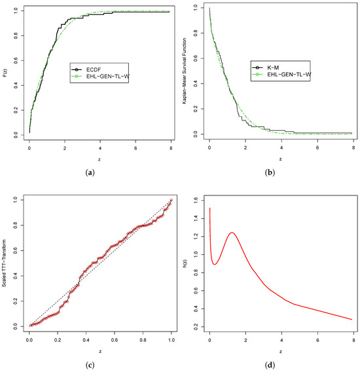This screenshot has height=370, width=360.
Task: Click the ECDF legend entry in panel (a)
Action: [94, 69]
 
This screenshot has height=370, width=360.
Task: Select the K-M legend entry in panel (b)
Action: [273, 68]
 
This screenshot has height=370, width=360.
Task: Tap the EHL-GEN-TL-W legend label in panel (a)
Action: [108, 76]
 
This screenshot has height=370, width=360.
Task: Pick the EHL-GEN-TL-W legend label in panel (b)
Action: [289, 75]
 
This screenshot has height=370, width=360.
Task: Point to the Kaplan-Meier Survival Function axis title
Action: [184, 71]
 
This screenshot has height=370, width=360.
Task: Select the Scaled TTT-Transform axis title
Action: [4, 263]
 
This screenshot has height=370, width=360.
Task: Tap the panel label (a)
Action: [90, 173]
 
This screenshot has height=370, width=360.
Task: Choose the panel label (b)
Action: [270, 173]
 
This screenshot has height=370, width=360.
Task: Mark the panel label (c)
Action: [90, 365]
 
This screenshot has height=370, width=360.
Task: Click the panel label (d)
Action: [270, 365]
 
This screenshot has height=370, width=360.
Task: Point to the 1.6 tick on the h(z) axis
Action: [196, 200]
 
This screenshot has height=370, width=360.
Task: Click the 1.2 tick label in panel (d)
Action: [196, 237]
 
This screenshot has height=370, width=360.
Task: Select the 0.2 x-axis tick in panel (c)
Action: [58, 341]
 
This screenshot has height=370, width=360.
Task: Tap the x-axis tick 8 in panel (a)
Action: [171, 148]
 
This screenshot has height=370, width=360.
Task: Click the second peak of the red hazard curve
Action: [232, 233]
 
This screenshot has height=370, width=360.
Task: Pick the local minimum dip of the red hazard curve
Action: [215, 264]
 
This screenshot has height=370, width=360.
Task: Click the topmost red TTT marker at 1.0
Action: [171, 200]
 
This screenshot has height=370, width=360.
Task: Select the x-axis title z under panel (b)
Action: [281, 159]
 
